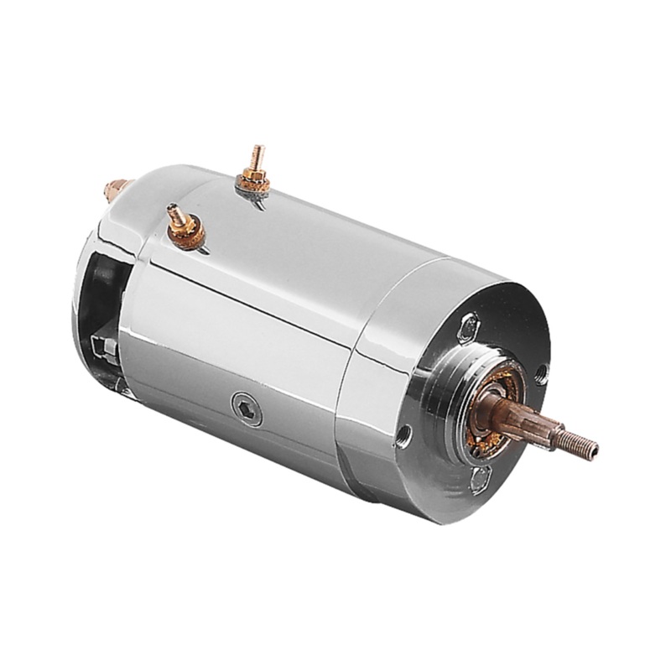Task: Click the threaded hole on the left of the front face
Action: coord(405,434)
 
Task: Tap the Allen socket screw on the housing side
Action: coord(246,410)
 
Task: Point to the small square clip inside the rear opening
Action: coord(102,345)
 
